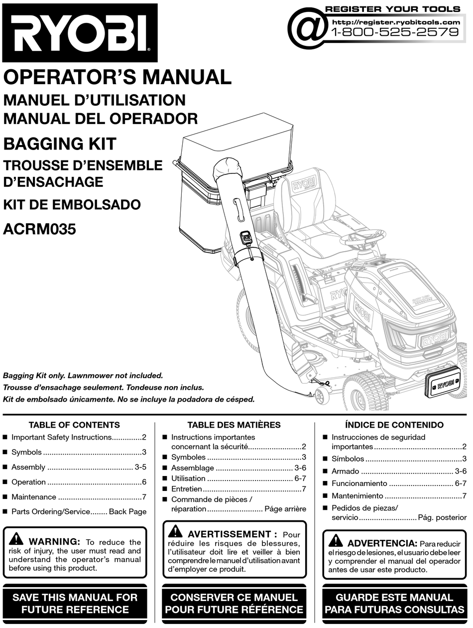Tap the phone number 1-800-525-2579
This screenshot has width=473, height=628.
[394, 32]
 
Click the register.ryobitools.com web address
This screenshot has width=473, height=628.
[396, 22]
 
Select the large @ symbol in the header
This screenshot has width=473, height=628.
[307, 29]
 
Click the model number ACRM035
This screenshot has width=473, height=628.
[40, 230]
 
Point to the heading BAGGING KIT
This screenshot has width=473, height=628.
[60, 144]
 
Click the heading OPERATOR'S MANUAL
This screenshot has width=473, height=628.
[118, 77]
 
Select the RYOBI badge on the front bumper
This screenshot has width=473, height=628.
[446, 385]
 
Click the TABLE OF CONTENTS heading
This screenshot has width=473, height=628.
[74, 425]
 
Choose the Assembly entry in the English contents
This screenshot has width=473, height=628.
[28, 468]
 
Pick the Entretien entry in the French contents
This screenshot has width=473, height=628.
[186, 489]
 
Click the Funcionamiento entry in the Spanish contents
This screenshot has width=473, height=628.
[359, 483]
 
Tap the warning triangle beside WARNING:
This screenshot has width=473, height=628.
[16, 539]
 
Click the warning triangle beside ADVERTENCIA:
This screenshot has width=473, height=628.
[336, 541]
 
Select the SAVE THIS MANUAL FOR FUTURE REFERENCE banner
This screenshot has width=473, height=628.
[75, 603]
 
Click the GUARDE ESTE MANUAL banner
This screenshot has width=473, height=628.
[394, 603]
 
